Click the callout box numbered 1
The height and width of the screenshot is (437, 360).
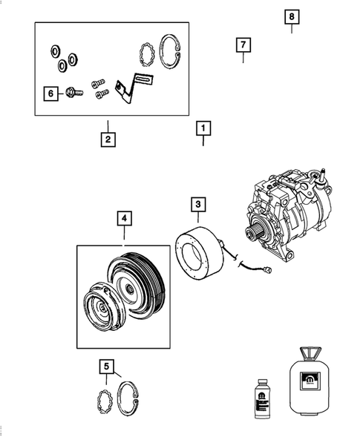[203, 128]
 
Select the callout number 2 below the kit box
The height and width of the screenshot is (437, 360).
[108, 138]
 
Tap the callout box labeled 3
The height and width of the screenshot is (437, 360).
[198, 203]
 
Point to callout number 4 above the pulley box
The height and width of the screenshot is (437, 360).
[124, 219]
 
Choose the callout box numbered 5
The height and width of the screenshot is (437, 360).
[108, 367]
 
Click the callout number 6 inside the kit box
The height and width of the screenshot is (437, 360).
[50, 93]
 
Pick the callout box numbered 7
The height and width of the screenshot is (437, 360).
[243, 45]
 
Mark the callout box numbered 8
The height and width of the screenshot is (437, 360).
[292, 16]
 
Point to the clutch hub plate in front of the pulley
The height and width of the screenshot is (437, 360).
[100, 308]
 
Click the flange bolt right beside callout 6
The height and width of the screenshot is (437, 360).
[72, 93]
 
